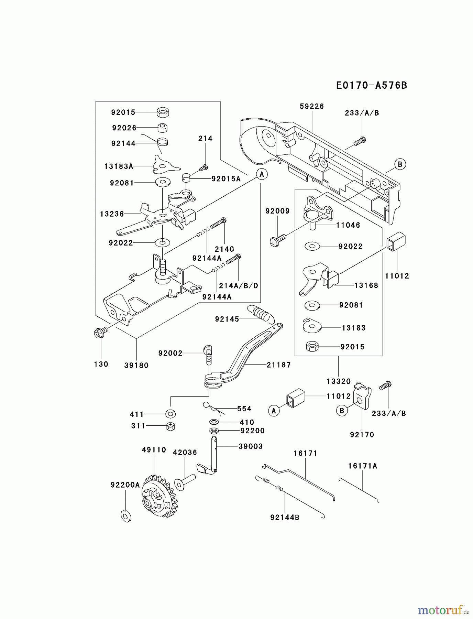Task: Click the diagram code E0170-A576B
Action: (371, 85)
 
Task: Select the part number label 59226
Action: (311, 107)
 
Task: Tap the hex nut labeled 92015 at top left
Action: (163, 112)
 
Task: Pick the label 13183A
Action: (119, 166)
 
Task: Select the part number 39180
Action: (136, 365)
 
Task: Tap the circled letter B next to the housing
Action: (399, 164)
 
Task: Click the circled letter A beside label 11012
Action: (274, 411)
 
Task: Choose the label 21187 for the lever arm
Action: (278, 365)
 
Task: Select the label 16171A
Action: (362, 466)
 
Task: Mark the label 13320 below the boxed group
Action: (338, 381)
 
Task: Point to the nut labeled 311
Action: (170, 426)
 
